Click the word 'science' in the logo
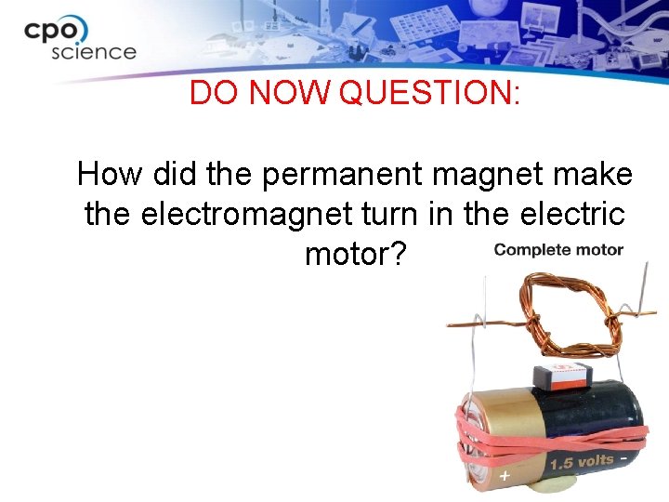tap(93, 51)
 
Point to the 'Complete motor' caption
tap(558, 249)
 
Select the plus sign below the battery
tap(505, 477)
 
